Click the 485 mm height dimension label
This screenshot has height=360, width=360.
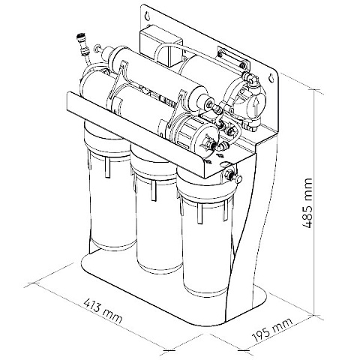pos(307,203)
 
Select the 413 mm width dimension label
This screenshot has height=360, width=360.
pos(103,310)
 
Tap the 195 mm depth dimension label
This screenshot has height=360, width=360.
pos(272,330)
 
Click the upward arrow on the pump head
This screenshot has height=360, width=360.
pos(254,106)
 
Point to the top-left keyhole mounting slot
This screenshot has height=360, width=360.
pos(148,17)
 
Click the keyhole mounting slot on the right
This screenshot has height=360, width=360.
pos(271,78)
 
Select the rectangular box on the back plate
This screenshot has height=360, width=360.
pos(160,46)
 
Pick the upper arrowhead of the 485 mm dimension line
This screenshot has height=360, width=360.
pos(314,91)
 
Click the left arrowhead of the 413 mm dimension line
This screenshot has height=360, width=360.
pos(34,283)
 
